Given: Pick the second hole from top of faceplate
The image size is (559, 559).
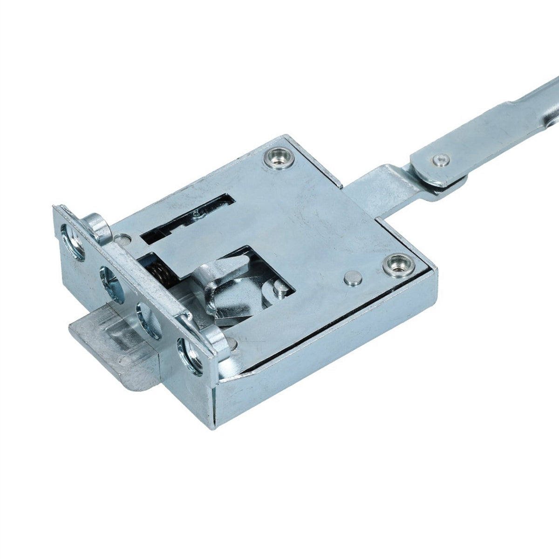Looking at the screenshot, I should pos(111,282).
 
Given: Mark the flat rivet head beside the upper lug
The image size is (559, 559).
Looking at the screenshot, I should pos(123,239).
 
